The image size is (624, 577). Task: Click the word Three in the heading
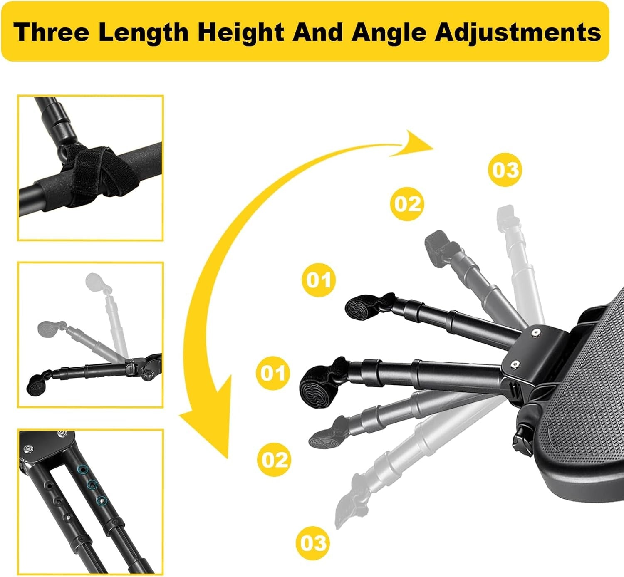coord(51,32)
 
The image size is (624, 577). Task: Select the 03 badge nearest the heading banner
coord(505,170)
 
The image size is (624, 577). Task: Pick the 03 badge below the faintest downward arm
coord(313,543)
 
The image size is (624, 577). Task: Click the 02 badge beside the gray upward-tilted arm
coord(407,204)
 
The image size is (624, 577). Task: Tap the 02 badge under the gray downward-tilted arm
coord(274,459)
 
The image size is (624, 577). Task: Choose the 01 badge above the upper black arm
coord(319,280)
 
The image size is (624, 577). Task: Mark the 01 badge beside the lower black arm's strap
coord(273,373)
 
